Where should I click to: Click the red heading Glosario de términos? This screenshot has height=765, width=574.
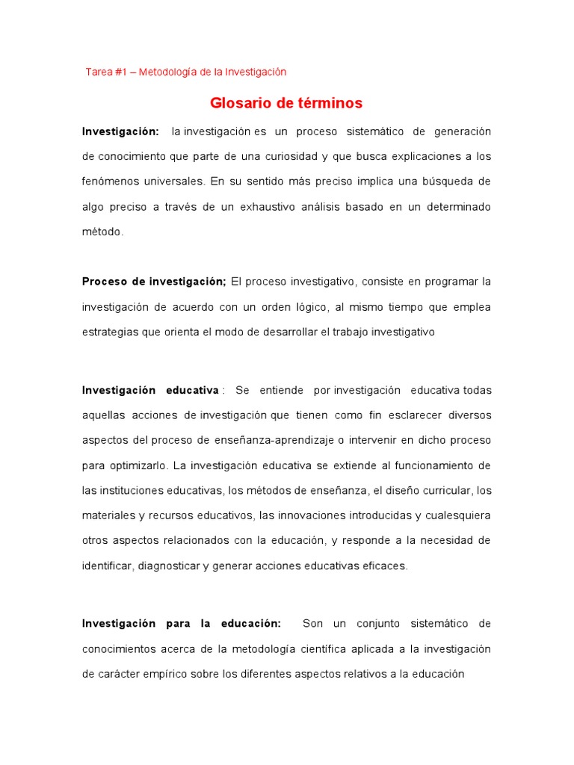coord(286,103)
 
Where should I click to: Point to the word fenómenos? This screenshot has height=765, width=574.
coord(107,182)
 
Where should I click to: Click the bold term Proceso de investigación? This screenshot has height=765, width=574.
coord(153,282)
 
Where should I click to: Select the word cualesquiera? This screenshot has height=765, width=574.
coord(457,515)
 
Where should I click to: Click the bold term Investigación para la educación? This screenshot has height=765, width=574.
coord(181,623)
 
